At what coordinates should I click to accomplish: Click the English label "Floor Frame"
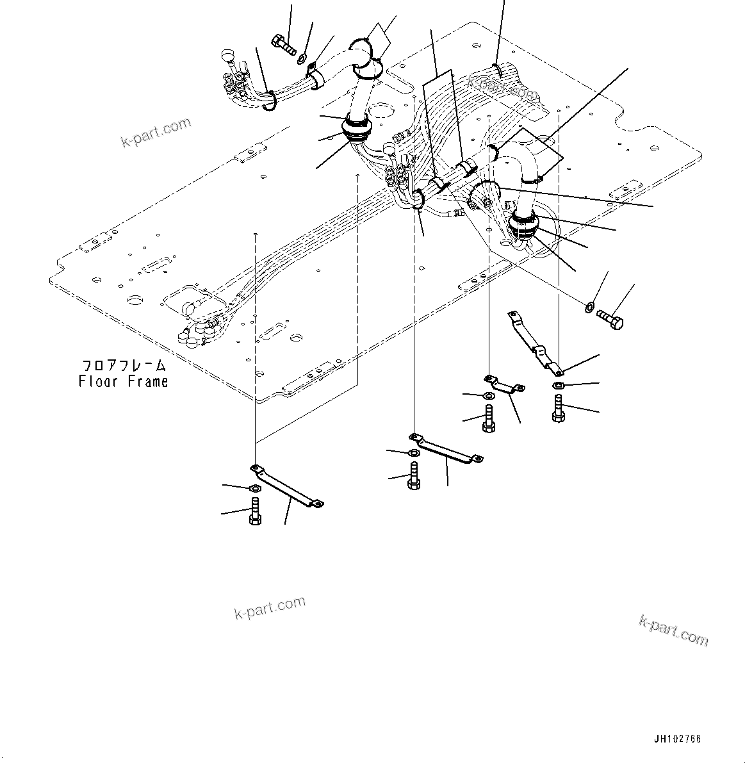(x=123, y=382)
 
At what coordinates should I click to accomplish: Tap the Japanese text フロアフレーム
(x=123, y=366)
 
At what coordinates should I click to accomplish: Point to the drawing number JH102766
(x=677, y=739)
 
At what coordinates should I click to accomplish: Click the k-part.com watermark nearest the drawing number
(x=673, y=630)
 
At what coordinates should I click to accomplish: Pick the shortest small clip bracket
(x=504, y=385)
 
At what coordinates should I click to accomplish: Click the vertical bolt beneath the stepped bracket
(x=558, y=408)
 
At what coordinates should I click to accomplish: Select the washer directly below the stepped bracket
(x=558, y=385)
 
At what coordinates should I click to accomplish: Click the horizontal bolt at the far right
(x=609, y=318)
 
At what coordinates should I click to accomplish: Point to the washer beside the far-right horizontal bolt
(x=589, y=308)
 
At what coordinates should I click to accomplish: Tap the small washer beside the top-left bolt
(x=302, y=60)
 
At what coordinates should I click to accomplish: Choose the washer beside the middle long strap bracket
(x=414, y=454)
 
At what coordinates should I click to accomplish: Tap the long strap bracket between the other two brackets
(x=446, y=449)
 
